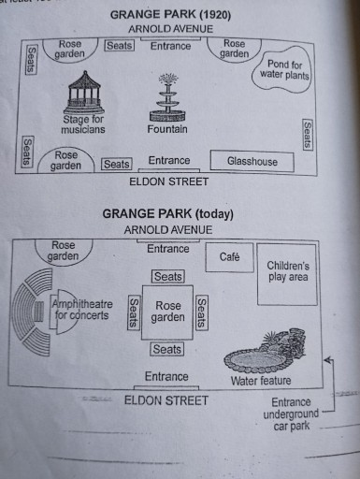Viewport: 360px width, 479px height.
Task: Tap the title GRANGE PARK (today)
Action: [168, 214]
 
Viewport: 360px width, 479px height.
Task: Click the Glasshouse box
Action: [252, 161]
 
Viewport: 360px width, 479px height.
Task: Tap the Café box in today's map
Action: [229, 256]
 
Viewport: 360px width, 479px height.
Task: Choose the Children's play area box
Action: [287, 271]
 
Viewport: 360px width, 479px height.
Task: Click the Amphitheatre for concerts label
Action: [80, 310]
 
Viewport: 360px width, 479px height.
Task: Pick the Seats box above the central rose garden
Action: [168, 277]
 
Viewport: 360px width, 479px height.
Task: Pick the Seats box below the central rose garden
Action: [168, 349]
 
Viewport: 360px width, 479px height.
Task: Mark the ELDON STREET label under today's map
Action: [167, 399]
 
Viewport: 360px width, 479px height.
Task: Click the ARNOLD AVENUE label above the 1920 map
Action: [169, 29]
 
